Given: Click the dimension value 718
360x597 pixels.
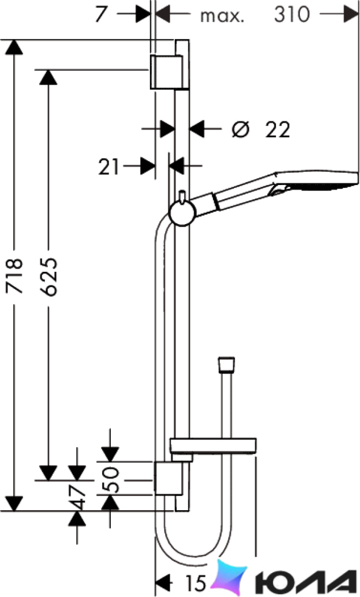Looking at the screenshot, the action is click(15, 276).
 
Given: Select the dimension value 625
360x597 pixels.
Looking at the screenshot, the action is click(49, 277).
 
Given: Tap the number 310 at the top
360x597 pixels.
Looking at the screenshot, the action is click(292, 15).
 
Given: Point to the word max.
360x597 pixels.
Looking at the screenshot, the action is click(222, 16).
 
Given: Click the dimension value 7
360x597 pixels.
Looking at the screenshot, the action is click(101, 15).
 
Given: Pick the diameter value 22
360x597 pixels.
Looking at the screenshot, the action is click(277, 130).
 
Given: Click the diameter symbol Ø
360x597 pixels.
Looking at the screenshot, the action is click(241, 130).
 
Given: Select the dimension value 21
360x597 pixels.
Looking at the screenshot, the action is click(109, 167).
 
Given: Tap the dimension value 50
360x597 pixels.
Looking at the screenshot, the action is click(111, 480).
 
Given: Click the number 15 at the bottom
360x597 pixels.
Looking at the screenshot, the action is click(195, 582).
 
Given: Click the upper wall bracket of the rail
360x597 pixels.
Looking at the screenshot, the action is click(169, 72).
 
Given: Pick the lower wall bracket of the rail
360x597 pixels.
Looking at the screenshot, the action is click(168, 478).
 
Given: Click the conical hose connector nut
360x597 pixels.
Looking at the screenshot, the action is click(226, 364).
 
